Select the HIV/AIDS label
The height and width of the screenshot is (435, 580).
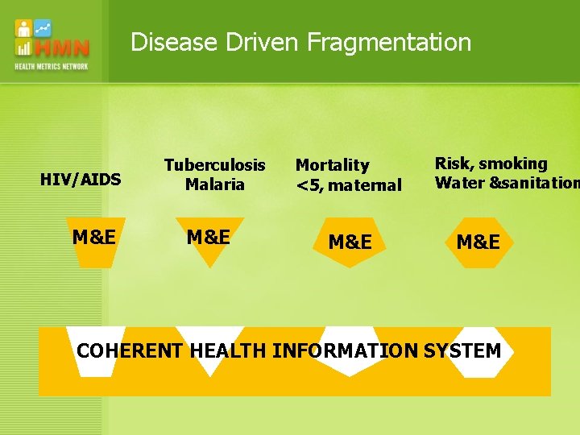(81, 180)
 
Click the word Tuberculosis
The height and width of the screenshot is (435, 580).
(214, 165)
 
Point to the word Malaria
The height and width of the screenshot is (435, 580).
(214, 184)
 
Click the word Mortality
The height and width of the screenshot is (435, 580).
(332, 165)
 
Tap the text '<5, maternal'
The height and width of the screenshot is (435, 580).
(348, 185)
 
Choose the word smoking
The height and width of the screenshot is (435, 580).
(513, 164)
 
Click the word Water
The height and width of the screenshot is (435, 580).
(459, 183)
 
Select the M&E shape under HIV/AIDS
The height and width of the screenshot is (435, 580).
(93, 238)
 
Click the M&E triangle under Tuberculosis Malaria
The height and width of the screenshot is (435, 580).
(209, 238)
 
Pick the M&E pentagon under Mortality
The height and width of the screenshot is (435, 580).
(350, 242)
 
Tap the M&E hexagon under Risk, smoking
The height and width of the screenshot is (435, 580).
(478, 242)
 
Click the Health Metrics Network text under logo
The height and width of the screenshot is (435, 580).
(52, 66)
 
